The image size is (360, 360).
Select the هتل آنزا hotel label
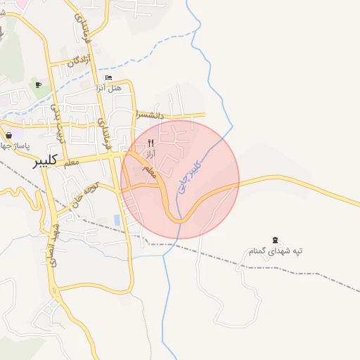108,88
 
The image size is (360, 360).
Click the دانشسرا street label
150,115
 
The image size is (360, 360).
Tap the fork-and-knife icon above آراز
150,142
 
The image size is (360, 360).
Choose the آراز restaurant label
150,152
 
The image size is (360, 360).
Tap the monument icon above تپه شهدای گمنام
274,241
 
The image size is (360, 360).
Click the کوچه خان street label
79,198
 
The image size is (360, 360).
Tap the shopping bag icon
8,135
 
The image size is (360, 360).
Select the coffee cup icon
38,85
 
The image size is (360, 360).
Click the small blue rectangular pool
117,220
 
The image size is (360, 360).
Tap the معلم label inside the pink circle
148,171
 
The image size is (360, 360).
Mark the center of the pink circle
180,179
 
